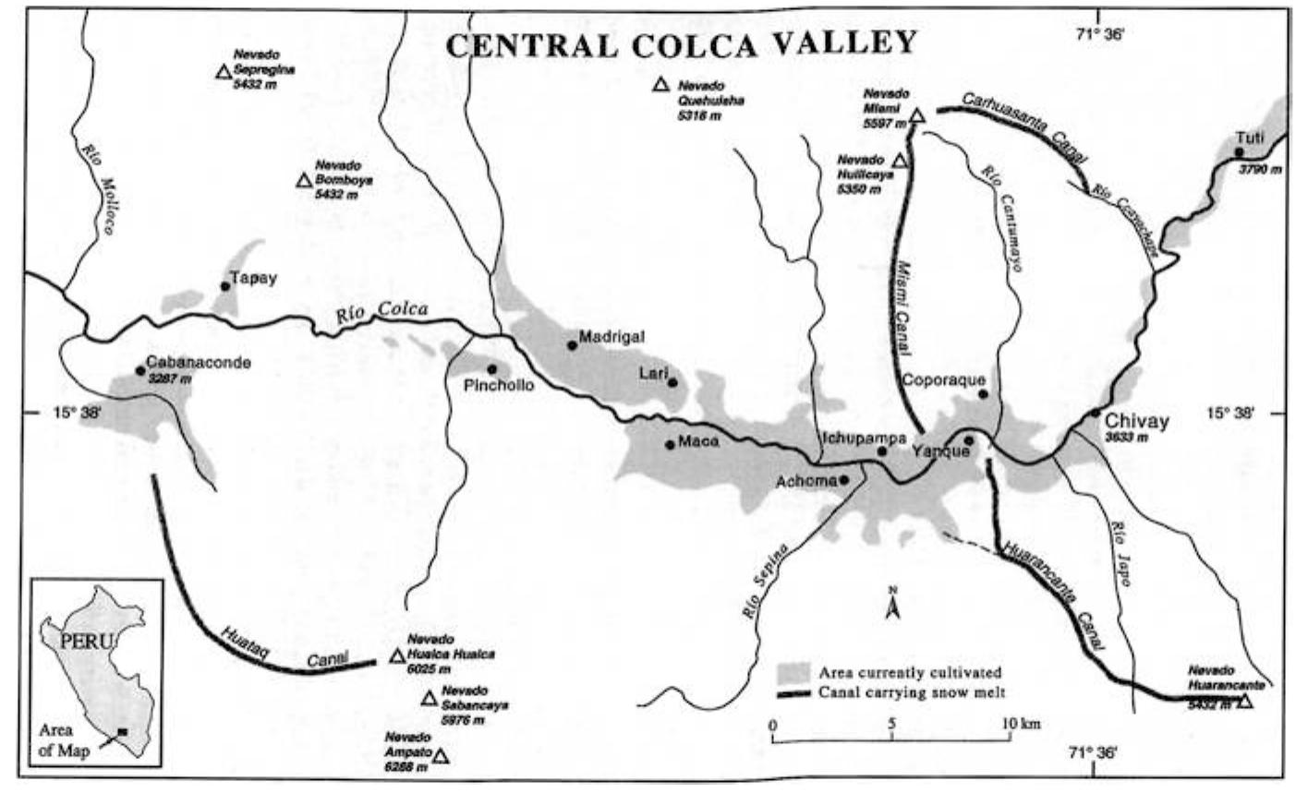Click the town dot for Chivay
pyautogui.click(x=1095, y=413)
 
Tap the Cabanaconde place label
pyautogui.click(x=199, y=363)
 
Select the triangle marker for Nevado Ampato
pyautogui.click(x=441, y=757)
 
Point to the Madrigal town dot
pyautogui.click(x=573, y=345)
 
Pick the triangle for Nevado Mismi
pyautogui.click(x=916, y=116)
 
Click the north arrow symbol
pyautogui.click(x=892, y=606)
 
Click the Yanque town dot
pyautogui.click(x=969, y=440)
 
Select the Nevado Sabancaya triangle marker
pyautogui.click(x=429, y=699)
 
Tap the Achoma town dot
pyautogui.click(x=844, y=480)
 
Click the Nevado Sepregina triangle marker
pyautogui.click(x=223, y=72)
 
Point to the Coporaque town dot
pyautogui.click(x=983, y=394)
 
